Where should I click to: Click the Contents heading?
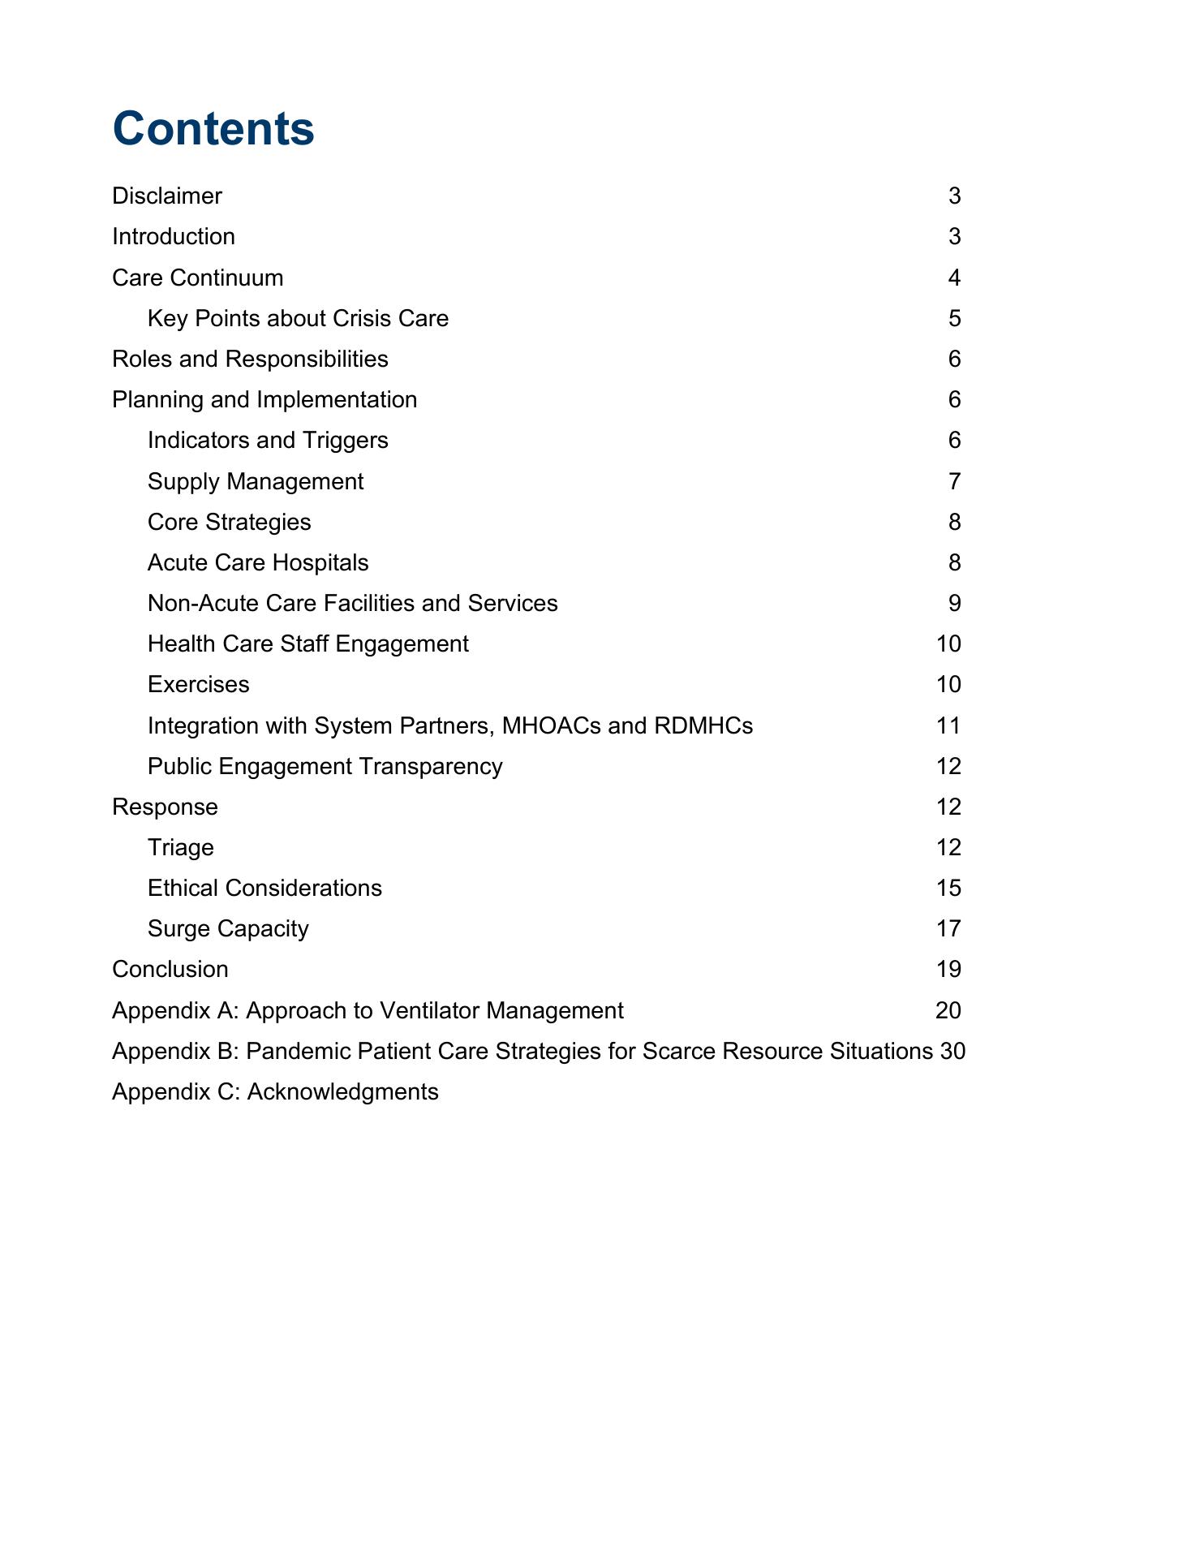pos(213,129)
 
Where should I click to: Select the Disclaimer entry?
pos(167,196)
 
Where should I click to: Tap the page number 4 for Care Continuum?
pos(954,278)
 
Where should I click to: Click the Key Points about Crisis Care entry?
pos(298,318)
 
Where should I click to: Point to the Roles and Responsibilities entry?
pos(250,359)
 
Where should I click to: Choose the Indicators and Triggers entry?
pos(268,440)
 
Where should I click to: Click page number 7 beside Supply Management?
pos(954,481)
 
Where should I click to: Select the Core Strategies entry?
pos(229,522)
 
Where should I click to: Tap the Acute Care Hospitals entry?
pos(258,562)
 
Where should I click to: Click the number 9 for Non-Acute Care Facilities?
pos(954,603)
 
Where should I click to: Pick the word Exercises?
pos(199,684)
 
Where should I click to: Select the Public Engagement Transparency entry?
pos(325,766)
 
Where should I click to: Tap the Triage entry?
pos(181,847)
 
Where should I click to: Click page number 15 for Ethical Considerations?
pos(948,888)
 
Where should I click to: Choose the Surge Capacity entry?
pos(228,928)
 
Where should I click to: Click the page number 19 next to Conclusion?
pos(948,969)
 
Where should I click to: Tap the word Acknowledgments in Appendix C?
pos(342,1091)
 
